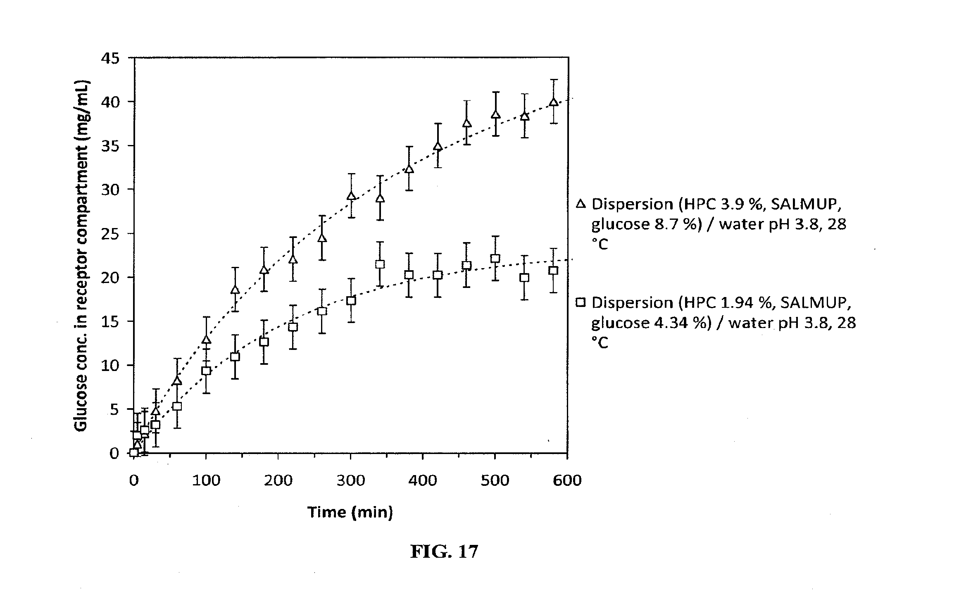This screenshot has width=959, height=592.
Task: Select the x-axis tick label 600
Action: [x=567, y=480]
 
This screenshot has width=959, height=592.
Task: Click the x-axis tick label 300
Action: [x=350, y=480]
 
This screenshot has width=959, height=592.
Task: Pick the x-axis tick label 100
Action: [x=206, y=480]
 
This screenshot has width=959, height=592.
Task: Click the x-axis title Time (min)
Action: [x=350, y=512]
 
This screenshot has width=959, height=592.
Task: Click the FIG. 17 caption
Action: [x=444, y=552]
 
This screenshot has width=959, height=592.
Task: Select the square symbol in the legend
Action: [x=581, y=303]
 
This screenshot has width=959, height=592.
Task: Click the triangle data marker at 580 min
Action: [x=554, y=102]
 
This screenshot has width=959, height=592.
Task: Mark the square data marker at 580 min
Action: [x=554, y=271]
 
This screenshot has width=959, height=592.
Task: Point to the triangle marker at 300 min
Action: [x=351, y=196]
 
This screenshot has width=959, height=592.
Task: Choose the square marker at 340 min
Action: [x=380, y=264]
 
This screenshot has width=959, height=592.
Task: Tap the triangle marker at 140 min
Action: [x=235, y=290]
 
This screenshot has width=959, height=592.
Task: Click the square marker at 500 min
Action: [x=495, y=259]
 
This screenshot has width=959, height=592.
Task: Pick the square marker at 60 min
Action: [x=177, y=406]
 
